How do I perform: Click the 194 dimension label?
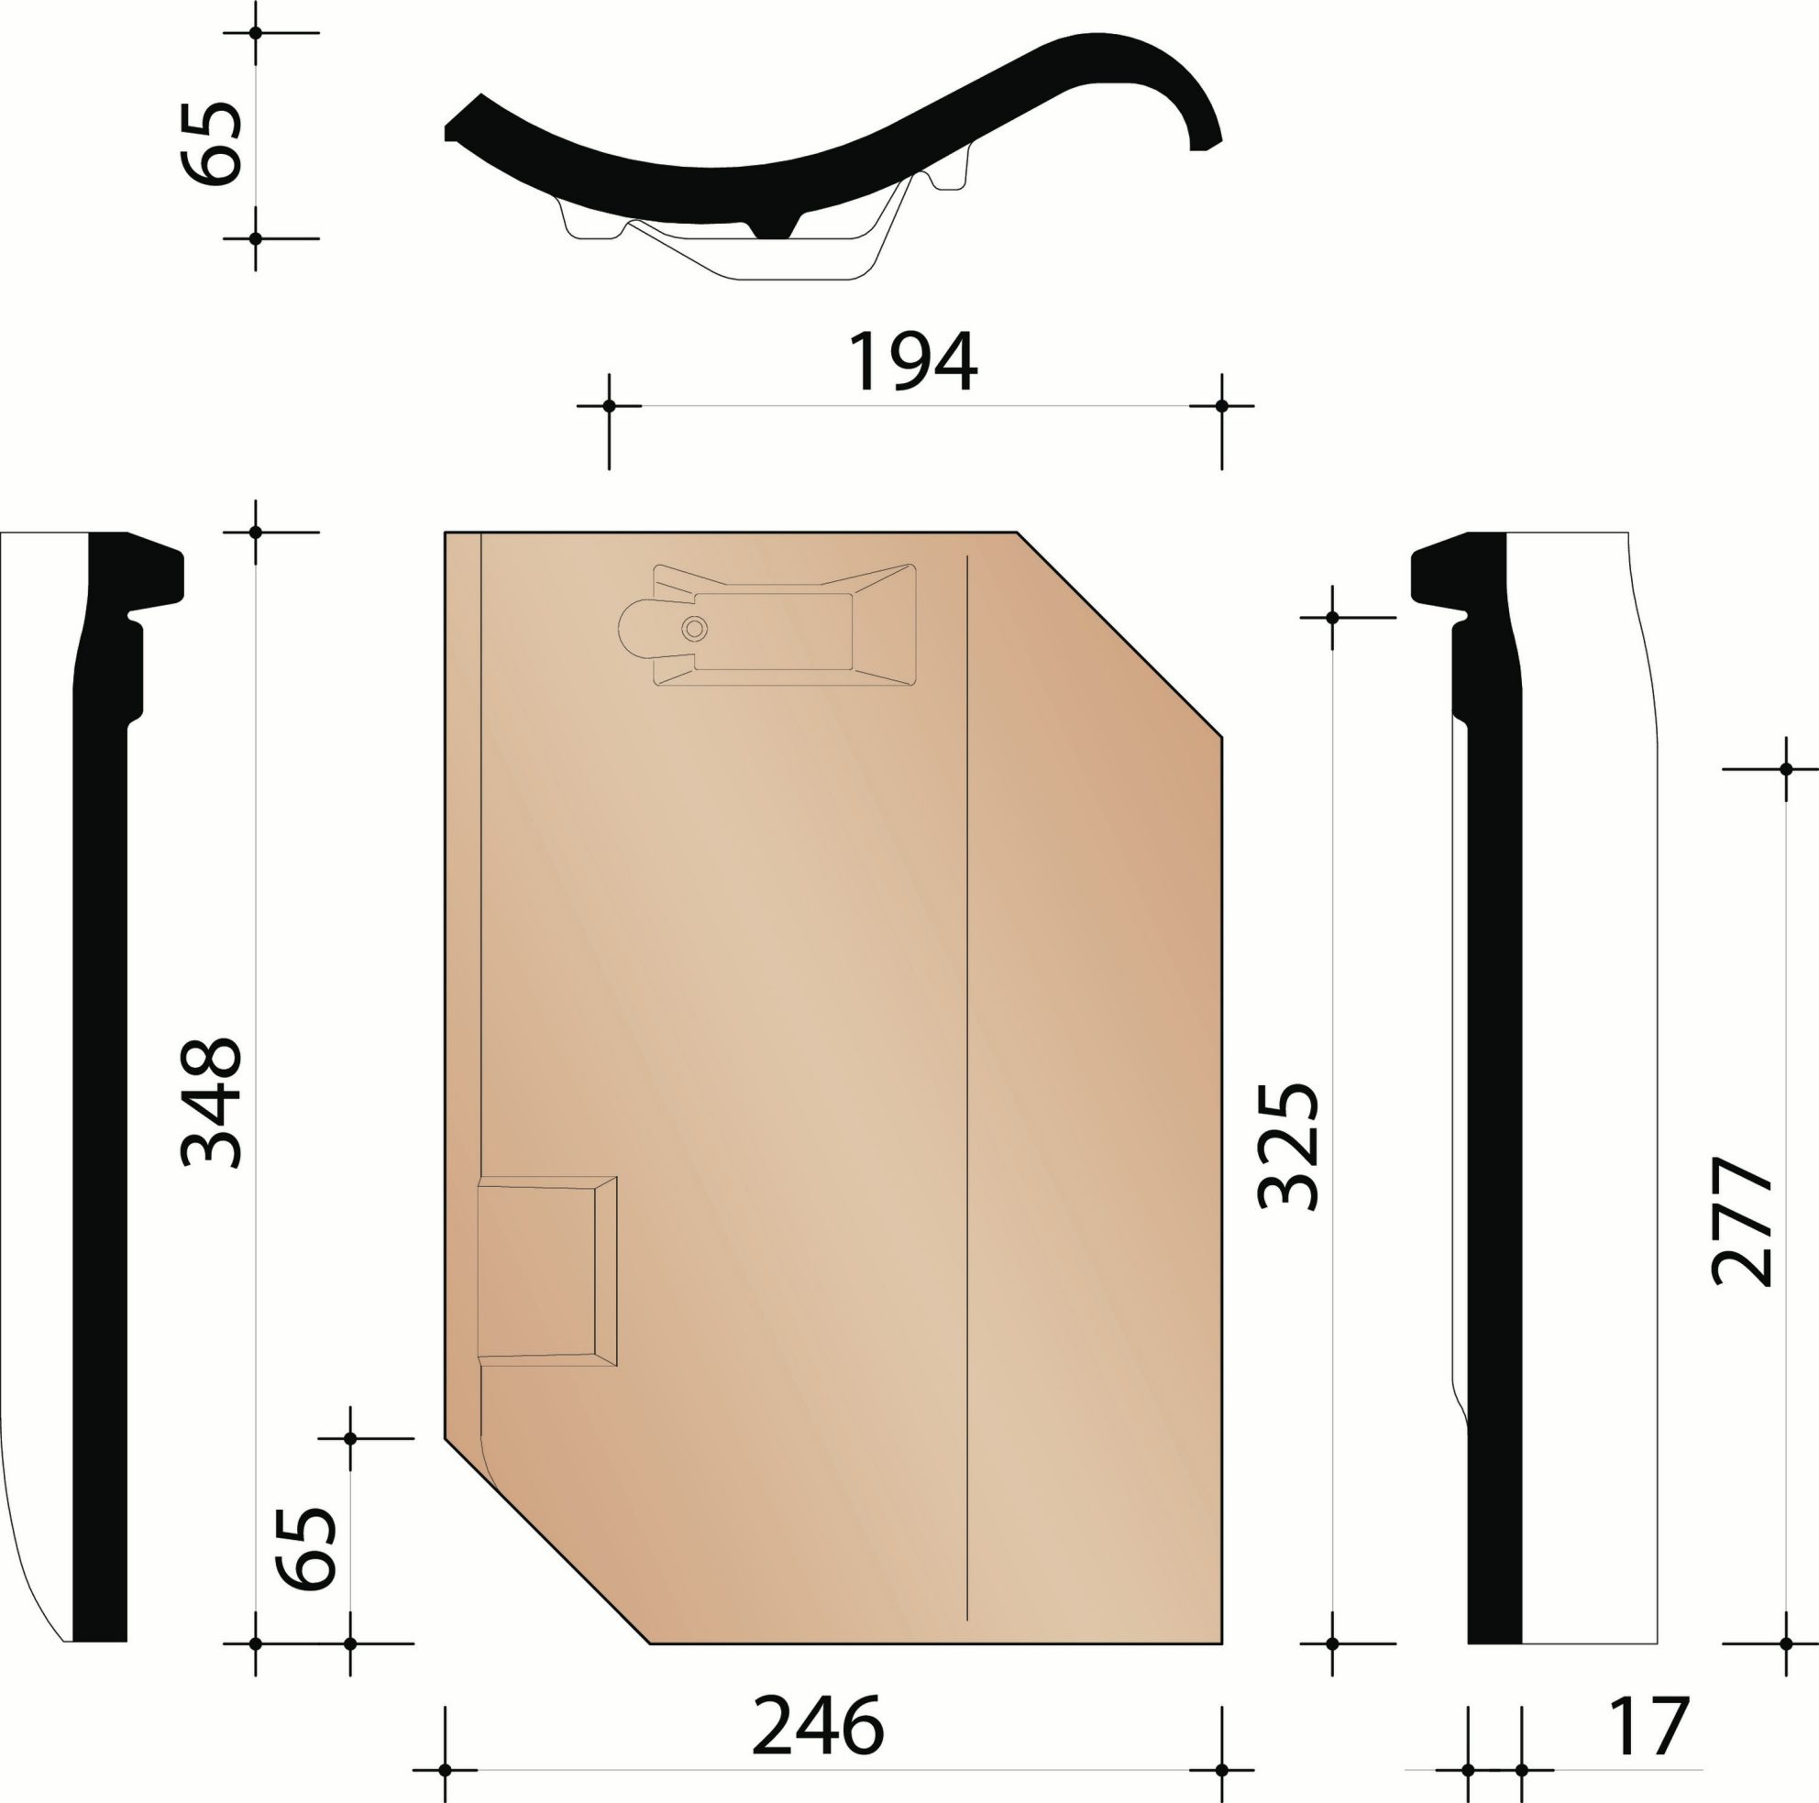tap(912, 362)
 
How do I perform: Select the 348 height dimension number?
tap(211, 1103)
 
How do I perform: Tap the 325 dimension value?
tap(1288, 1145)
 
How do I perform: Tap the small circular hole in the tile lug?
tap(695, 628)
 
